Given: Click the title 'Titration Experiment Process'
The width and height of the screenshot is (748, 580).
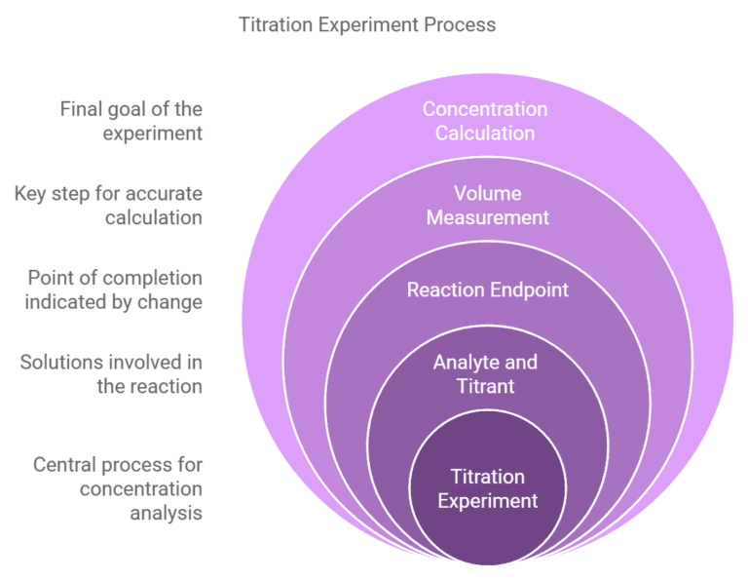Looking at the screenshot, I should (x=367, y=24).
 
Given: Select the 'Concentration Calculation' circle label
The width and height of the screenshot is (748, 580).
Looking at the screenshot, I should (x=485, y=121).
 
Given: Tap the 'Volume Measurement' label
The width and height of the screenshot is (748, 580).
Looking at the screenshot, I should (x=487, y=205).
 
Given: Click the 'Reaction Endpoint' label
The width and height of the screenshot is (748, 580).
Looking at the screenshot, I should (x=487, y=290).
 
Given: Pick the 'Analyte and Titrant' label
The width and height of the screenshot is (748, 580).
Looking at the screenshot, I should (x=485, y=373).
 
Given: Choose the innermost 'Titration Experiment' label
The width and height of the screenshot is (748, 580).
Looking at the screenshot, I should (x=487, y=488).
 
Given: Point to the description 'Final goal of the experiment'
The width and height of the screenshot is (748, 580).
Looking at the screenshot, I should (x=131, y=121).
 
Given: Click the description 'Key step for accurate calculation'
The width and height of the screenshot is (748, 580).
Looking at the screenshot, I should (x=108, y=205).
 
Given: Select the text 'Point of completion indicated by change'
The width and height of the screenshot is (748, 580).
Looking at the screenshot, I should (x=114, y=290).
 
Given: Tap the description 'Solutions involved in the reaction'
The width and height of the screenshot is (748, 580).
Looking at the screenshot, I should (x=111, y=373).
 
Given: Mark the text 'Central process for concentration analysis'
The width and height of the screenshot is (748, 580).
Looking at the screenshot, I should (x=118, y=488).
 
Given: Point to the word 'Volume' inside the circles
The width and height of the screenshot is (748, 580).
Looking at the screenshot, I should (x=487, y=193).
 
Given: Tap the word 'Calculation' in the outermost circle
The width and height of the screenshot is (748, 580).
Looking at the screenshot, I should (x=485, y=133).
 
